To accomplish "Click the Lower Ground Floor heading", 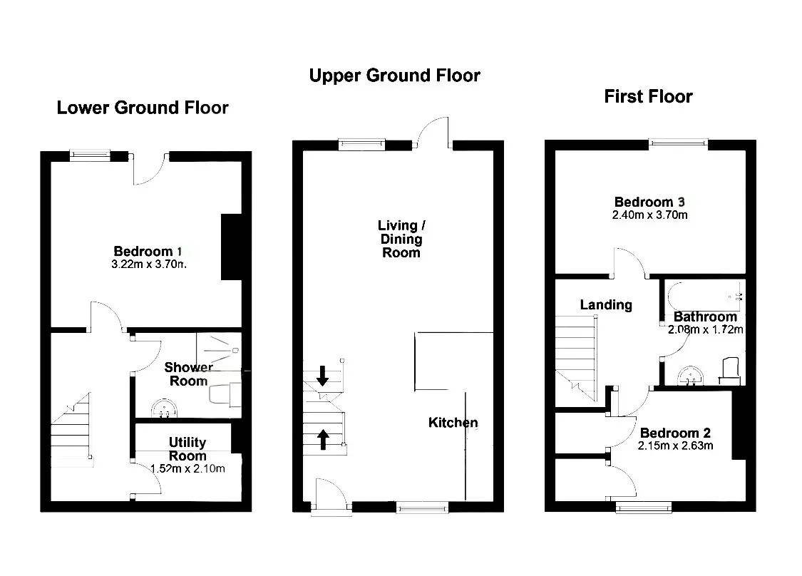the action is click(142, 108).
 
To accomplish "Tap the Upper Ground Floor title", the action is click(394, 75).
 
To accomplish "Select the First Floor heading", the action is click(648, 96).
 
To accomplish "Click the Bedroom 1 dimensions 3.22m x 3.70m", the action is click(149, 264).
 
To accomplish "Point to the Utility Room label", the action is click(187, 448).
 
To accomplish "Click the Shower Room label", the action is click(188, 374).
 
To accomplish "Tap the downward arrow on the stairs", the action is click(323, 376).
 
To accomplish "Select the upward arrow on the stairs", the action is click(323, 439).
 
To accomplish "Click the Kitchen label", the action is click(453, 423).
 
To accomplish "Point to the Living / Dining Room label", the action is click(401, 239).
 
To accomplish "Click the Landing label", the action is click(606, 305).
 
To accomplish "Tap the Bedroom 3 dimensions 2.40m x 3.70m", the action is click(649, 215).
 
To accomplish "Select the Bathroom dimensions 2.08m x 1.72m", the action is click(705, 329).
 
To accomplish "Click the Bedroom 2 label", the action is click(675, 433).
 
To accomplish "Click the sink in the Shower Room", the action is click(164, 409).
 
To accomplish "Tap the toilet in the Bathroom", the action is click(730, 371).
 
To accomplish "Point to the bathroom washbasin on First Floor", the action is click(691, 376).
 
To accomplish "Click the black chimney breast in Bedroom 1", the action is click(231, 247).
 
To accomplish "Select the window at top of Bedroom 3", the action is click(678, 144).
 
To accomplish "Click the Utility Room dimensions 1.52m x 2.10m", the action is click(187, 468).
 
